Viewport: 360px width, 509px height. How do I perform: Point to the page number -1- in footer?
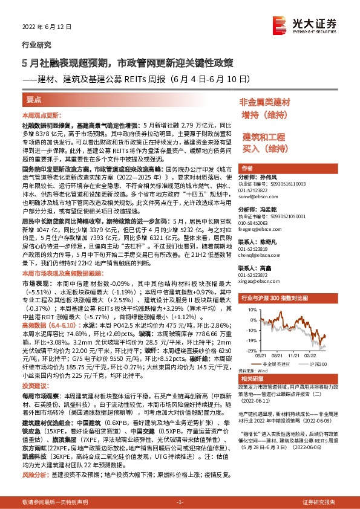coord(180,502)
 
